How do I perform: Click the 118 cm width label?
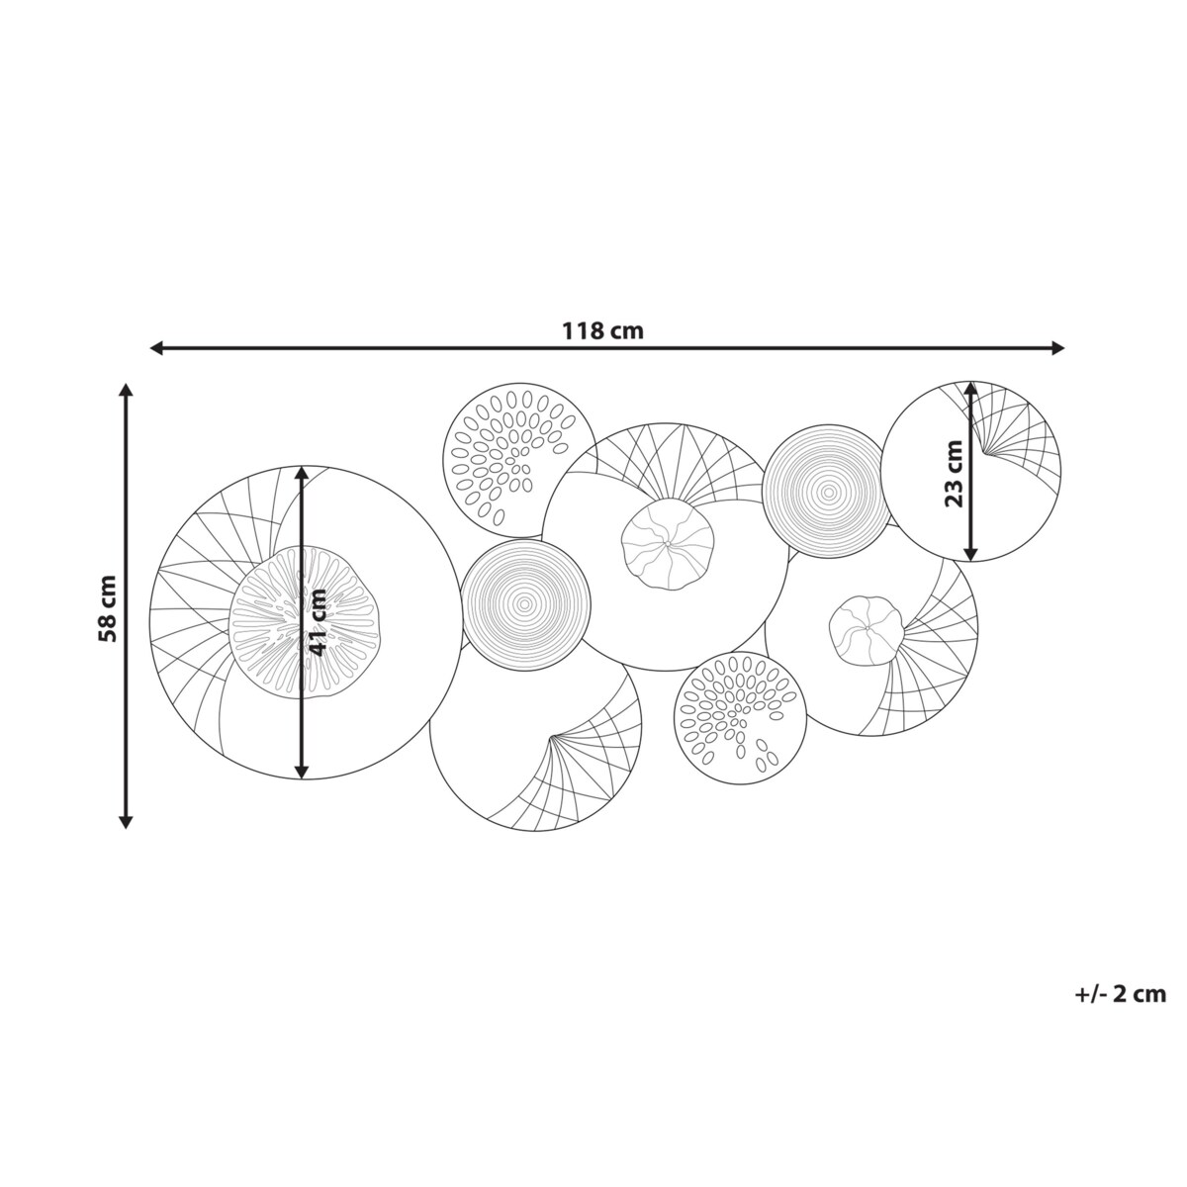point(601,331)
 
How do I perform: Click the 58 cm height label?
point(107,608)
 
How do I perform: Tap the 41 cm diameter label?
point(318,622)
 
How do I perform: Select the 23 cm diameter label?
point(954,473)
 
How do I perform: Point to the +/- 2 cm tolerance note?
point(1121,994)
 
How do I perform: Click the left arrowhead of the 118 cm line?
point(156,348)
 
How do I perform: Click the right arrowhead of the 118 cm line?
point(1058,348)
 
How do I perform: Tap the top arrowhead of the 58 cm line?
point(126,390)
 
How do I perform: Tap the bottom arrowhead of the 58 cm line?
point(126,822)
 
